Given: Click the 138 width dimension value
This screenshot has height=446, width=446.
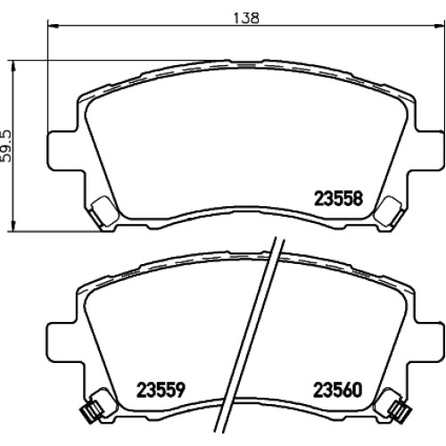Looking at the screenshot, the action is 246,18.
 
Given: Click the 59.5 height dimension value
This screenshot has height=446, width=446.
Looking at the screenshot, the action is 6,146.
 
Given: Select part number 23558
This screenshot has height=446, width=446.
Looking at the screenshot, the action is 339,198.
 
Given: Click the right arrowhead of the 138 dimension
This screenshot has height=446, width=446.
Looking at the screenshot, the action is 440,26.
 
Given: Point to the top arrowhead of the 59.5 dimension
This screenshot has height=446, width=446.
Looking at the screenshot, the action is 13,66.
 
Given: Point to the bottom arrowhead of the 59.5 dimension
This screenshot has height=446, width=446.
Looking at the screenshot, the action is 13,225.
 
